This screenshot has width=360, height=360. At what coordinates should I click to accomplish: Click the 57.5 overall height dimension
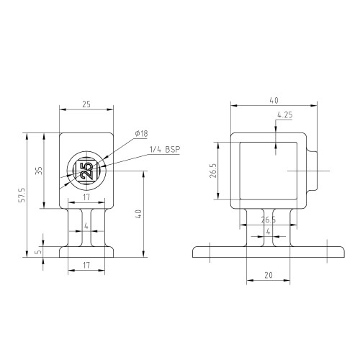coord(22,195)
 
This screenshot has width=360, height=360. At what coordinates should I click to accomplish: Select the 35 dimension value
coord(39,171)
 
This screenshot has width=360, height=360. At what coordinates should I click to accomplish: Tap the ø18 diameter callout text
coord(141,133)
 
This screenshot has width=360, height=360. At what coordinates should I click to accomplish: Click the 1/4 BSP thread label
coord(165,150)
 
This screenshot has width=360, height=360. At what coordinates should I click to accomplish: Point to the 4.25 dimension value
coord(285,115)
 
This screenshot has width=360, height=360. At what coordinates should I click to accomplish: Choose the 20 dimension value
coord(269,275)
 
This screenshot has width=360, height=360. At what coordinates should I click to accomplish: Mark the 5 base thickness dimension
coord(39,252)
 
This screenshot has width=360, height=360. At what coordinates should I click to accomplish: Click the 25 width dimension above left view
coord(86,104)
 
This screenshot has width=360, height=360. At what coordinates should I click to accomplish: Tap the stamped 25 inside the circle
coord(86,171)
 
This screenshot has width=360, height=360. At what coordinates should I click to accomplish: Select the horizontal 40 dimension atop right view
coord(274,100)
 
